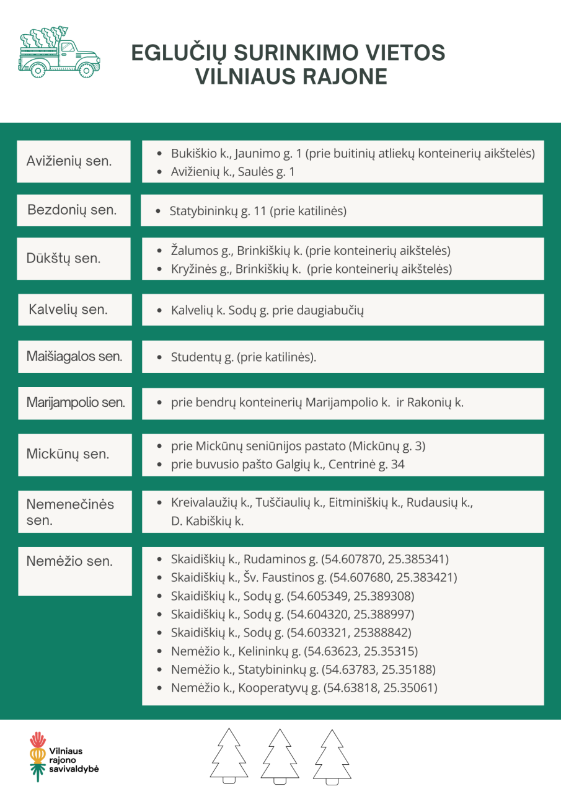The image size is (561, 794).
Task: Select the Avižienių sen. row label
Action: click(x=69, y=161)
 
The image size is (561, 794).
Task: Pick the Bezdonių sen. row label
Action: click(x=72, y=210)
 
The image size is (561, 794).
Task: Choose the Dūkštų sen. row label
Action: click(x=63, y=259)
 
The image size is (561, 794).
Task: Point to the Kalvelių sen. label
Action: click(x=68, y=310)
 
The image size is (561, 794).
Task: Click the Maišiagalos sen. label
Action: click(x=74, y=357)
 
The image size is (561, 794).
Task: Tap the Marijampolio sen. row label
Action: click(x=75, y=403)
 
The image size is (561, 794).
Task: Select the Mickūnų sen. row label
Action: click(x=68, y=454)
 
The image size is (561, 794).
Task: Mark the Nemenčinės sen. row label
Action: click(x=70, y=512)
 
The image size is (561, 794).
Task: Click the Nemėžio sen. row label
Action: click(x=69, y=562)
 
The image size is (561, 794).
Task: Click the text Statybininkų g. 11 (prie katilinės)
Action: click(x=258, y=211)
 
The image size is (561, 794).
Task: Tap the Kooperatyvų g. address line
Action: click(x=304, y=688)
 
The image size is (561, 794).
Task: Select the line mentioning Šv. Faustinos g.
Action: click(x=314, y=578)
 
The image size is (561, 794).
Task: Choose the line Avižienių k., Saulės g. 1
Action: click(x=232, y=172)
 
